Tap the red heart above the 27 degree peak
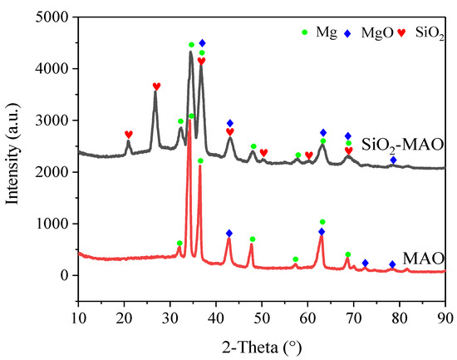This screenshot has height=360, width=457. (x=156, y=86)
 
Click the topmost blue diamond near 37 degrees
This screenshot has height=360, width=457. (x=202, y=42)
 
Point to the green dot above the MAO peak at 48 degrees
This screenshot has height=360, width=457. (x=253, y=239)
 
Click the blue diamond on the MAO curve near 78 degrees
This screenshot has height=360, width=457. (x=392, y=264)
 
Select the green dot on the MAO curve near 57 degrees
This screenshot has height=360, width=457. (x=295, y=259)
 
